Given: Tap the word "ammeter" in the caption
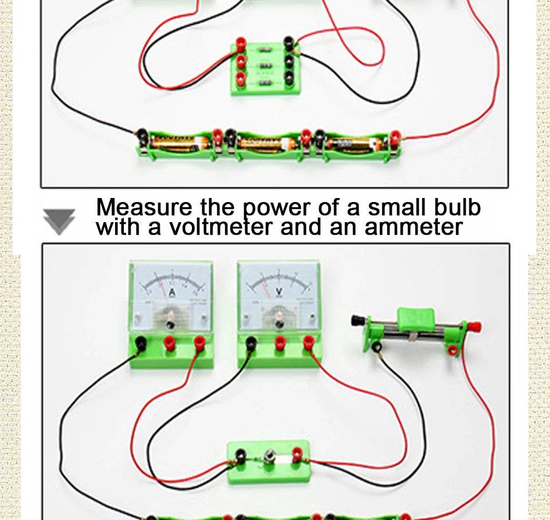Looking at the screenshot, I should tap(413, 227).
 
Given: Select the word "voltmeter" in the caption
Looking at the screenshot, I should tap(222, 227).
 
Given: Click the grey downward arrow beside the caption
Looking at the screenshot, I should tap(59, 222).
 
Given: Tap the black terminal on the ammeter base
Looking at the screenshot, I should tap(140, 343).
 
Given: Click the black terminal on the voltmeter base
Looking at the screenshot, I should tap(250, 343).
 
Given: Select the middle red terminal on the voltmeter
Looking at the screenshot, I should tap(280, 343).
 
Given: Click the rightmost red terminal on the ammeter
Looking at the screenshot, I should tap(199, 343).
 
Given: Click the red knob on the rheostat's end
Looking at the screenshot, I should tap(473, 328).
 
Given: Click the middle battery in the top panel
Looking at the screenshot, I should tap(266, 143).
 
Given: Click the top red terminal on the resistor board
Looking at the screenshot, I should tap(241, 43).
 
